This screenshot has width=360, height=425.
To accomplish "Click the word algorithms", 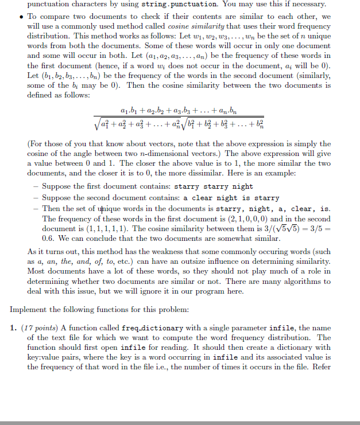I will pyautogui.click(x=303, y=280).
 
